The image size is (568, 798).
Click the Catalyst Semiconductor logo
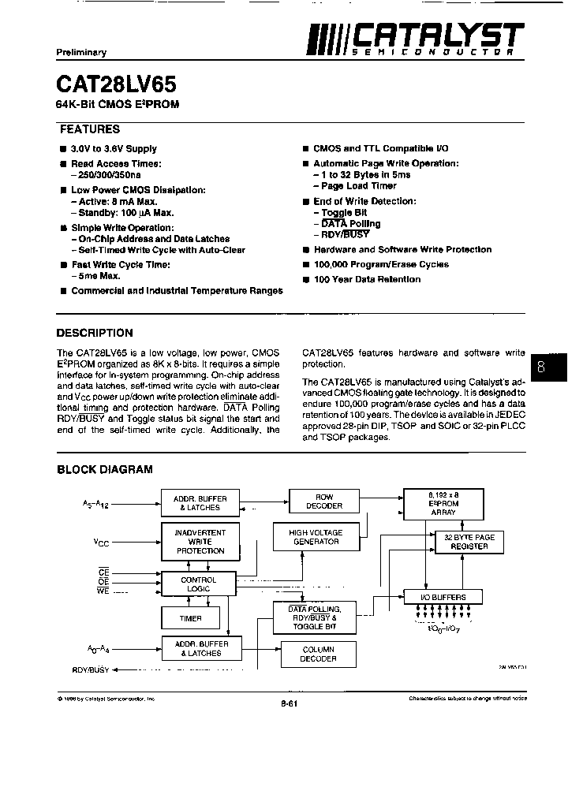click(x=415, y=38)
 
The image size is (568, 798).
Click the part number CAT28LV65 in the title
click(x=117, y=84)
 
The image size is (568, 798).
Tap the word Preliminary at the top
click(x=80, y=52)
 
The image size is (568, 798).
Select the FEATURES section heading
click(x=90, y=129)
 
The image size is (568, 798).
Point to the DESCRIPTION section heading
click(x=95, y=333)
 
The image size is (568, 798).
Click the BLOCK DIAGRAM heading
click(x=104, y=469)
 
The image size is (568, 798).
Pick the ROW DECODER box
click(x=324, y=502)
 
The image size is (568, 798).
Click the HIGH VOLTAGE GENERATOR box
click(x=315, y=537)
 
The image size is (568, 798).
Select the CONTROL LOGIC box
click(x=199, y=584)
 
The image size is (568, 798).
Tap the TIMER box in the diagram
click(x=191, y=618)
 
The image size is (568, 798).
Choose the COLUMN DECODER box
click(x=318, y=654)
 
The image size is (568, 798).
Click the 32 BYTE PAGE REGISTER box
click(x=469, y=542)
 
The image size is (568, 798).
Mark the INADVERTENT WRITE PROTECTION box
click(x=200, y=542)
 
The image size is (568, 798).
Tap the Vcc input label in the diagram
click(x=101, y=543)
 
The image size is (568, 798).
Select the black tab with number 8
click(x=541, y=366)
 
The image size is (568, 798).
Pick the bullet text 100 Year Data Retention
click(x=367, y=279)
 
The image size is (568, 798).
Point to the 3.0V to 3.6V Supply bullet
click(x=114, y=148)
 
